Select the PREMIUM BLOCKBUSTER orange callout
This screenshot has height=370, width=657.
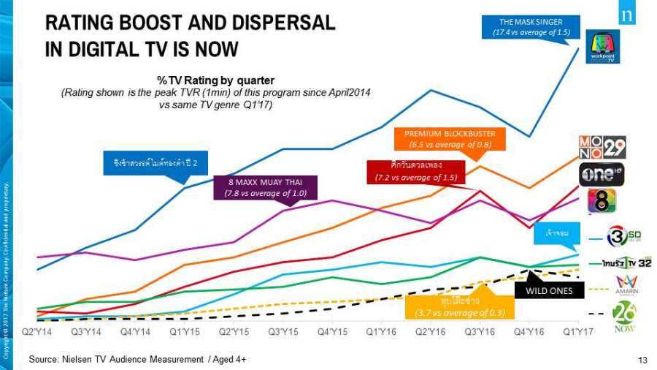[x=450, y=139]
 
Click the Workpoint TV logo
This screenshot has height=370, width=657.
[x=602, y=47]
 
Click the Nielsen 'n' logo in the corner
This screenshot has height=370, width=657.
[x=626, y=16]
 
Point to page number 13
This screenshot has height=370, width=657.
[x=642, y=359]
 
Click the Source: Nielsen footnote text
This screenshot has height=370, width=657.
[x=137, y=359]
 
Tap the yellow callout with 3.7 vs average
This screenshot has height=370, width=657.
[x=460, y=307]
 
